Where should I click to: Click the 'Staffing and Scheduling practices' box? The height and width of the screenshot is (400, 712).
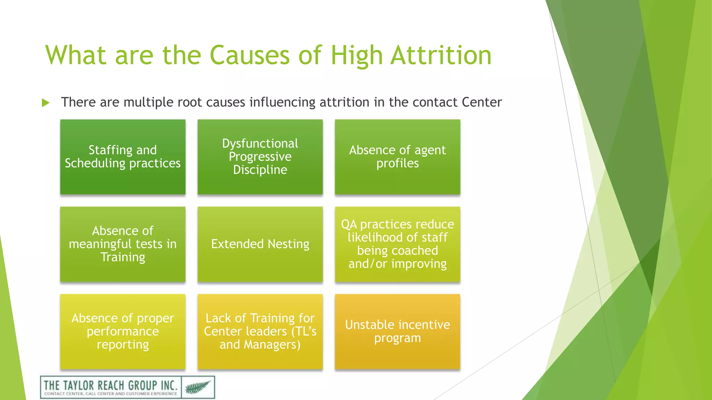point(123,157)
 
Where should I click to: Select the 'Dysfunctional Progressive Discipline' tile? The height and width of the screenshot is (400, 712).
point(260,157)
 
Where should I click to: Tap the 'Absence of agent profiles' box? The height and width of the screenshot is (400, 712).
point(397,157)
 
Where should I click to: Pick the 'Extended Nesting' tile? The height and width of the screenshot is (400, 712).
point(260,244)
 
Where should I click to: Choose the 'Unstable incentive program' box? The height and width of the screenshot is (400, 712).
point(397,331)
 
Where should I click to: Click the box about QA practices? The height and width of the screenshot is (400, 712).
point(397,244)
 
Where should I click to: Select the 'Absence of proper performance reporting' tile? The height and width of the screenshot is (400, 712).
point(123,331)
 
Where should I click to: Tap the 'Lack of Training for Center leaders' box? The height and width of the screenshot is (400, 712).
point(260,331)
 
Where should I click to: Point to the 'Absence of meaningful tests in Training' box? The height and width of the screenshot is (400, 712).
point(123,244)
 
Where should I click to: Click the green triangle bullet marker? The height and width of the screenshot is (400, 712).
point(46,103)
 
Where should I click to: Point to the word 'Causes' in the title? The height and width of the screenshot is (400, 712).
point(249,55)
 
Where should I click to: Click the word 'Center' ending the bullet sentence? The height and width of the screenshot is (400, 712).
point(482,102)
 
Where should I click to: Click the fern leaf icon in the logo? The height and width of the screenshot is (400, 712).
point(198,387)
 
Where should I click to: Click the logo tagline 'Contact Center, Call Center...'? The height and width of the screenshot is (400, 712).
point(111,394)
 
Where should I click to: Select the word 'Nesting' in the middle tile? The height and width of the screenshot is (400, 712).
point(288,244)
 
